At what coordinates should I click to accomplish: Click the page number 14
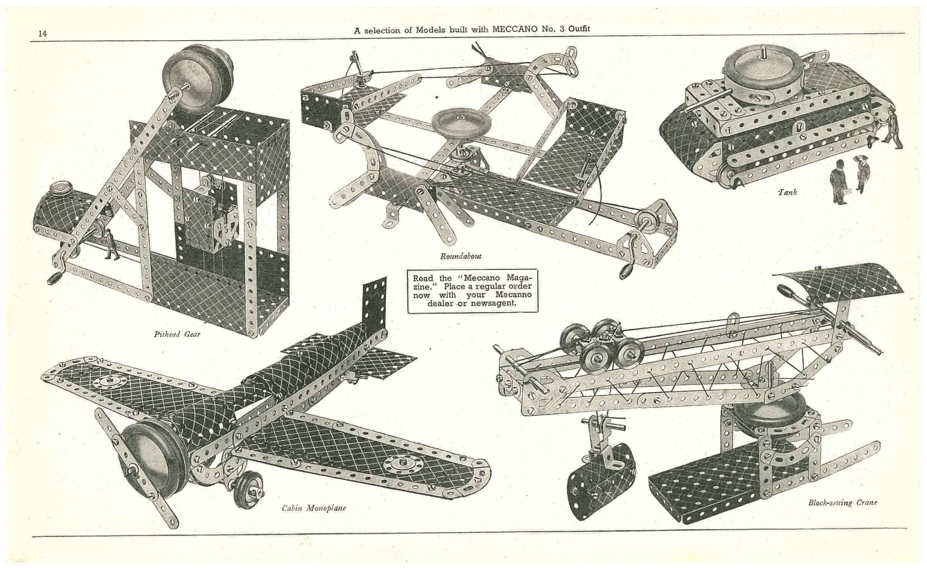point(42,33)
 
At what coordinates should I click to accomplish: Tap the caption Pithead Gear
point(177,334)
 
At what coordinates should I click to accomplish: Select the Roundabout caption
point(460,256)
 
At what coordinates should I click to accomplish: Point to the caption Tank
point(787,192)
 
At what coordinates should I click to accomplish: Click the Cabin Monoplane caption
point(314,508)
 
